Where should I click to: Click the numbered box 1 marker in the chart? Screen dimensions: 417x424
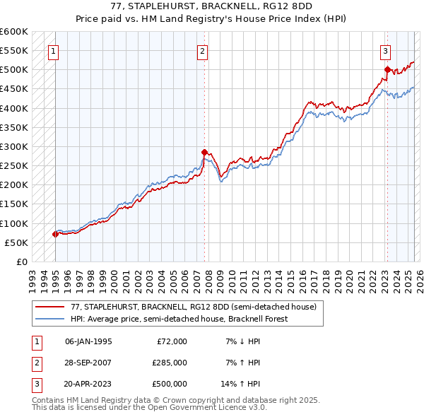pos(54,51)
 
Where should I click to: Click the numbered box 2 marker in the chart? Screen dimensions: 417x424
pos(203,51)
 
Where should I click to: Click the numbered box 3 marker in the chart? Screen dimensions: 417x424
pos(386,51)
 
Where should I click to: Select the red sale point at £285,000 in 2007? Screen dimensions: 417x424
pos(204,152)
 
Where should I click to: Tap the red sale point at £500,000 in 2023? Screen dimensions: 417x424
pos(387,69)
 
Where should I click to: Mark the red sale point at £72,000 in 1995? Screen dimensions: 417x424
pos(55,234)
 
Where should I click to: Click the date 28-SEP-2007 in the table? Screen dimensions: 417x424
pos(88,363)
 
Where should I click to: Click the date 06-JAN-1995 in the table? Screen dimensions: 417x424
pos(88,341)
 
